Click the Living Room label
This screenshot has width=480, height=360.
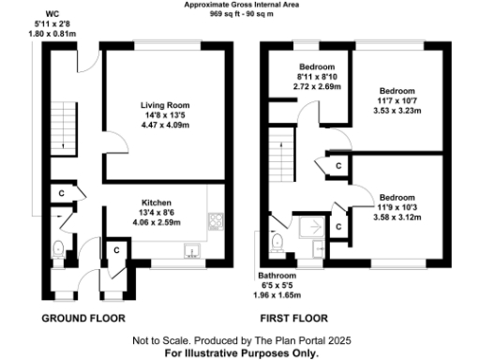coord(164,105)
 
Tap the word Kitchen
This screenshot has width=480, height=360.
coord(157,202)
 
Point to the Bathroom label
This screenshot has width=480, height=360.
coord(277,276)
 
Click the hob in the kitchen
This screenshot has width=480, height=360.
coord(215,222)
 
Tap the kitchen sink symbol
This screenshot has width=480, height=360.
coord(190,250)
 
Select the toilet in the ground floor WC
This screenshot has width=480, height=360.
coord(59,249)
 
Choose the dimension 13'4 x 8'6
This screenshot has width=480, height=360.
coord(157,213)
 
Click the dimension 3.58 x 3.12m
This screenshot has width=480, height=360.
coord(399,217)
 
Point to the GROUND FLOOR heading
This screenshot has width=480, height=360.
coord(84,318)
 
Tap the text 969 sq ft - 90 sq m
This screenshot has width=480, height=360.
coord(241,15)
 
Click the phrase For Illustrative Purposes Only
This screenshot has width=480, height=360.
coord(241,353)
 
